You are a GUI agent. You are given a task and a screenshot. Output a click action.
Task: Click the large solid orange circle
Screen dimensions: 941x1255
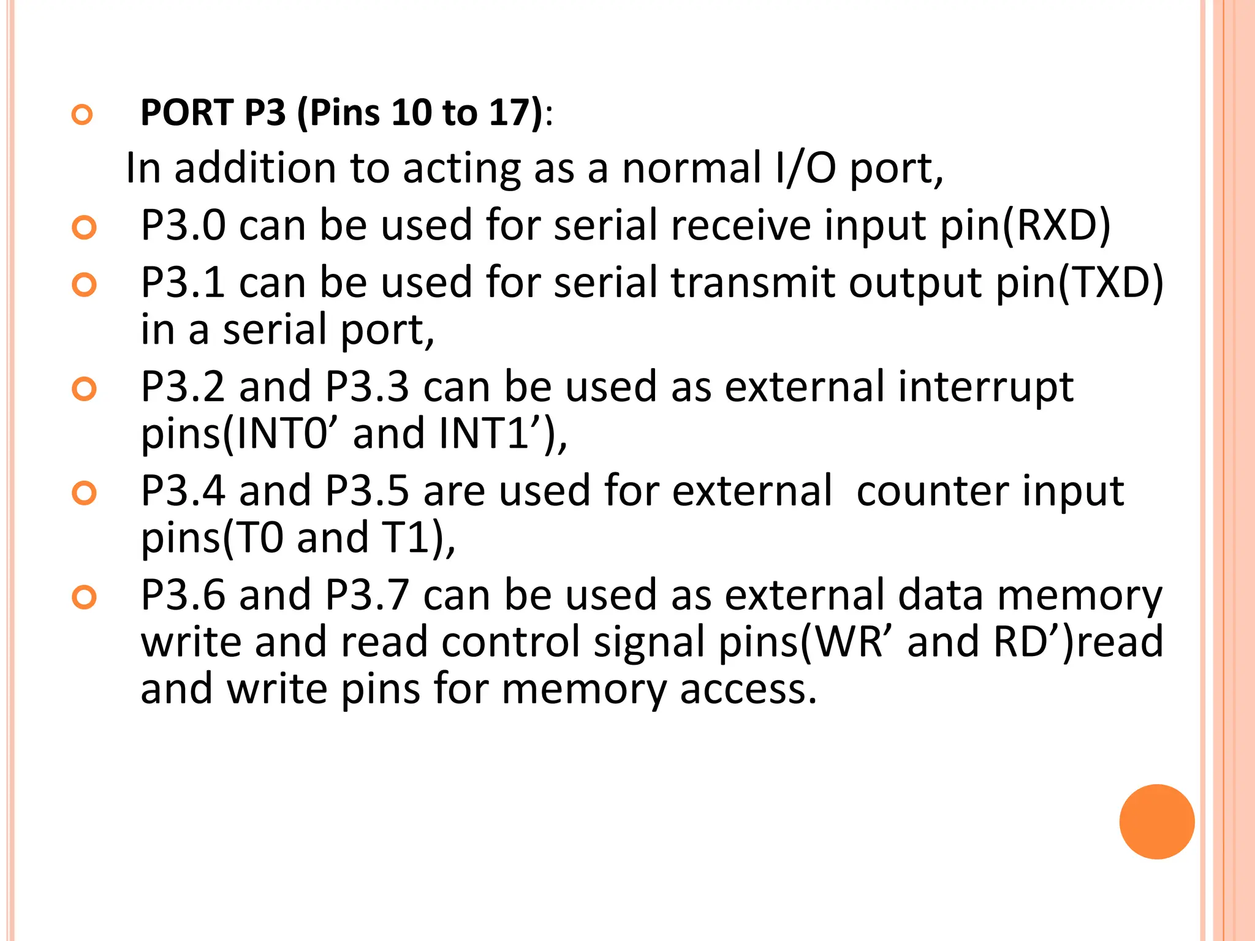(x=1156, y=822)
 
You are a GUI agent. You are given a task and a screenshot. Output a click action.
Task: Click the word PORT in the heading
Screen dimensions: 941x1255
(x=187, y=113)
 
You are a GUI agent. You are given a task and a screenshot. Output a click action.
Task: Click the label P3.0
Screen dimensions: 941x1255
(x=183, y=225)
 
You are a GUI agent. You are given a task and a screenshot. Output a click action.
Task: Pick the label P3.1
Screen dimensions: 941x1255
(x=183, y=282)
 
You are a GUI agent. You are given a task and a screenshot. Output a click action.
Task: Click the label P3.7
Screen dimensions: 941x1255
(x=367, y=595)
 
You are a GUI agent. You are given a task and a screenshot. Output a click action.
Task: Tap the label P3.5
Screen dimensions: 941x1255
(x=367, y=491)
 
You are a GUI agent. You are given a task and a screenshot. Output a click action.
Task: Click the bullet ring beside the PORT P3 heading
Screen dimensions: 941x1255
(x=82, y=115)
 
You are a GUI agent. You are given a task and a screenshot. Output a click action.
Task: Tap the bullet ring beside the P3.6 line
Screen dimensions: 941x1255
(x=84, y=597)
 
